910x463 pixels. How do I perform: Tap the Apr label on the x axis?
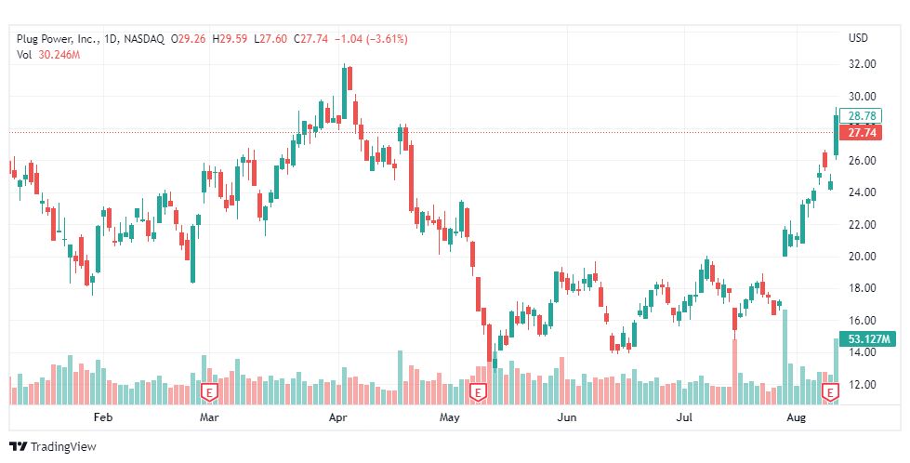(x=338, y=418)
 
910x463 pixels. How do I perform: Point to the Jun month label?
(x=565, y=418)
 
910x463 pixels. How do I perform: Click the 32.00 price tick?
(x=864, y=64)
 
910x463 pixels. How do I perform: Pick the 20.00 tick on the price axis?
(x=864, y=257)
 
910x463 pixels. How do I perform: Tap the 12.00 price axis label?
(x=864, y=385)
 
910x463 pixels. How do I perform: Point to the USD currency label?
(x=858, y=38)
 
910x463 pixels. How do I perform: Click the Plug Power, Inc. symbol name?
(x=57, y=39)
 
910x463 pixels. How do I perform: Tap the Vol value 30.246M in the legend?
(x=59, y=55)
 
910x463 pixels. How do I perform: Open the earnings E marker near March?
(x=209, y=393)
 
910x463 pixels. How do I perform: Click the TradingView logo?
(x=53, y=447)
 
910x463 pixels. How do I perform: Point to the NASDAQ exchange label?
(x=143, y=39)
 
